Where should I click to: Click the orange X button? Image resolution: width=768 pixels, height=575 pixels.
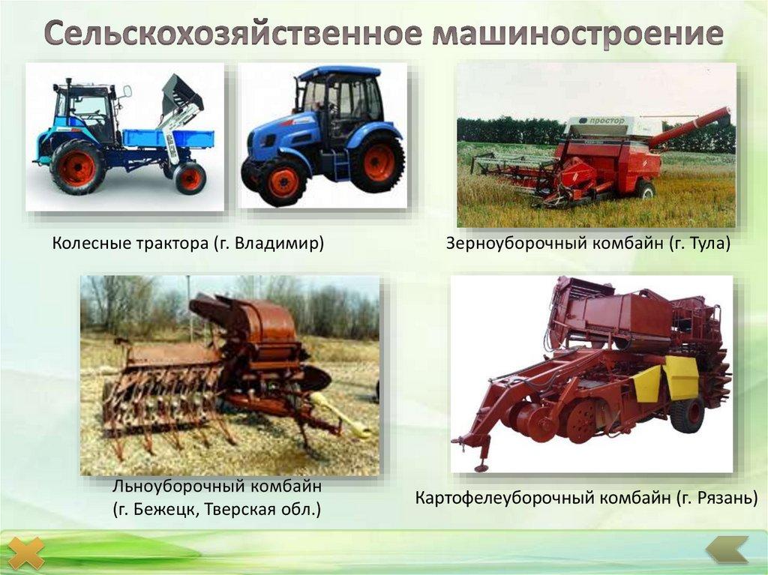(x=26, y=553)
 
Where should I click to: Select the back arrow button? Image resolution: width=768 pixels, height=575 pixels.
(x=727, y=550)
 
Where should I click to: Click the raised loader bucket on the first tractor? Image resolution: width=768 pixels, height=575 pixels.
(x=181, y=93)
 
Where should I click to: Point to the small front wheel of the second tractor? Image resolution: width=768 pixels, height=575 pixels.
(x=280, y=181)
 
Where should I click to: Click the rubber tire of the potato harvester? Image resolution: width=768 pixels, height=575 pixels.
(x=687, y=414)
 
